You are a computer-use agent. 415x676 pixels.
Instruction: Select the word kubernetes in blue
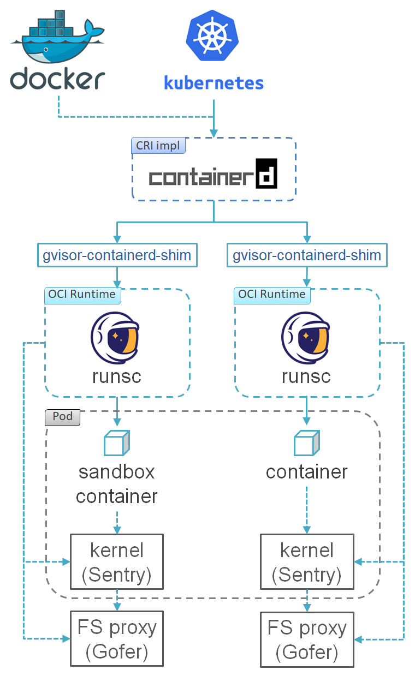[x=214, y=83]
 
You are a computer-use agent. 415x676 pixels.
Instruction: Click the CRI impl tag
[x=158, y=146]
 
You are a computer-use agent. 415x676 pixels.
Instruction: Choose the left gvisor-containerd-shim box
[x=117, y=255]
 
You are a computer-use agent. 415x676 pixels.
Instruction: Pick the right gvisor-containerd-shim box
[x=307, y=255]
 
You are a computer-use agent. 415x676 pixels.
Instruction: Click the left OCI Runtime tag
[x=82, y=295]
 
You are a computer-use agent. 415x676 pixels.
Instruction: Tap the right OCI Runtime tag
[x=272, y=295]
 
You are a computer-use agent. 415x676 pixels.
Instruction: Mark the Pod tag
[x=62, y=417]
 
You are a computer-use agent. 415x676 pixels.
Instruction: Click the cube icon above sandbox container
[x=117, y=443]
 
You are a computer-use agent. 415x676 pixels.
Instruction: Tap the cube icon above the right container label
[x=307, y=443]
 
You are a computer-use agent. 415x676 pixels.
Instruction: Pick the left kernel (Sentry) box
[x=117, y=561]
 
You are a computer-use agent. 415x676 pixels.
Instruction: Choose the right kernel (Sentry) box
[x=307, y=561]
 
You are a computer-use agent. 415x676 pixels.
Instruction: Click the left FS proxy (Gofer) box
[x=117, y=638]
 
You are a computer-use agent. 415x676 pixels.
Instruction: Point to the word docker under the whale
[x=57, y=79]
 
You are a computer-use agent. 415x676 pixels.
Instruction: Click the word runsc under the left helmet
[x=116, y=376]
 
